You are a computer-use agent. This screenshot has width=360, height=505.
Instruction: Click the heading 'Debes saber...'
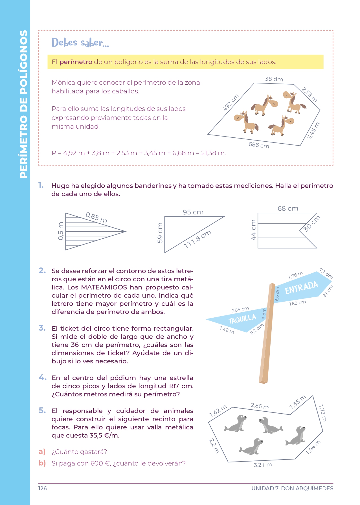pyautogui.click(x=80, y=43)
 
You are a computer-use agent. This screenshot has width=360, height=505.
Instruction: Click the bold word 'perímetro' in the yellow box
pyautogui.click(x=76, y=62)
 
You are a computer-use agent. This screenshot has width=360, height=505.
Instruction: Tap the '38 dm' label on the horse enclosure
pyautogui.click(x=274, y=79)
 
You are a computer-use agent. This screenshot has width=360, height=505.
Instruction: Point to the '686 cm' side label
pyautogui.click(x=259, y=145)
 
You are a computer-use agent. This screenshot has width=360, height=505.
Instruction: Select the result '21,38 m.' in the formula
pyautogui.click(x=214, y=153)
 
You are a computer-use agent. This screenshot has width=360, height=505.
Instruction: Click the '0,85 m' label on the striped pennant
pyautogui.click(x=96, y=218)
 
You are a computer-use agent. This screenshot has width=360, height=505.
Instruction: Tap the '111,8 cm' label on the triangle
pyautogui.click(x=197, y=239)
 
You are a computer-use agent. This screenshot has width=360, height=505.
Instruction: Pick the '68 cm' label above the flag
pyautogui.click(x=288, y=208)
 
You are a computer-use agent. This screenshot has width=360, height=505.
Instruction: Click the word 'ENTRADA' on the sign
pyautogui.click(x=301, y=288)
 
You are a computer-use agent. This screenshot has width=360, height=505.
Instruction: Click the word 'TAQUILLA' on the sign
pyautogui.click(x=242, y=319)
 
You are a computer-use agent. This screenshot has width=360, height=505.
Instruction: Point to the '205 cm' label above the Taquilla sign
pyautogui.click(x=240, y=309)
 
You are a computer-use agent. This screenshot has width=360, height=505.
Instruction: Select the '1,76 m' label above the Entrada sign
pyautogui.click(x=295, y=275)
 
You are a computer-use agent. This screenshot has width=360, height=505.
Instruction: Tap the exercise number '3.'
pyautogui.click(x=42, y=328)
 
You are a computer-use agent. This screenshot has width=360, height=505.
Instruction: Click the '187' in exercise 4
pyautogui.click(x=174, y=386)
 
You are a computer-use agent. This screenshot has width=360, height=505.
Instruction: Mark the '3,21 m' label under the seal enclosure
pyautogui.click(x=263, y=465)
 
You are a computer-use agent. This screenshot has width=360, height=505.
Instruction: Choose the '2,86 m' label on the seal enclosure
pyautogui.click(x=260, y=406)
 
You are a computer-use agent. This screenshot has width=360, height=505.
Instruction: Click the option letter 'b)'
pyautogui.click(x=42, y=463)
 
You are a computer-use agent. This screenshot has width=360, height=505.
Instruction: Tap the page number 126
pyautogui.click(x=43, y=488)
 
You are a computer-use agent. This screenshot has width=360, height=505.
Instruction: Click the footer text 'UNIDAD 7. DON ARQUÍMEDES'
pyautogui.click(x=292, y=488)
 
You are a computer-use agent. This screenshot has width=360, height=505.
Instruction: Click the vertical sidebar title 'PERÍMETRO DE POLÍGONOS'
pyautogui.click(x=24, y=104)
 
